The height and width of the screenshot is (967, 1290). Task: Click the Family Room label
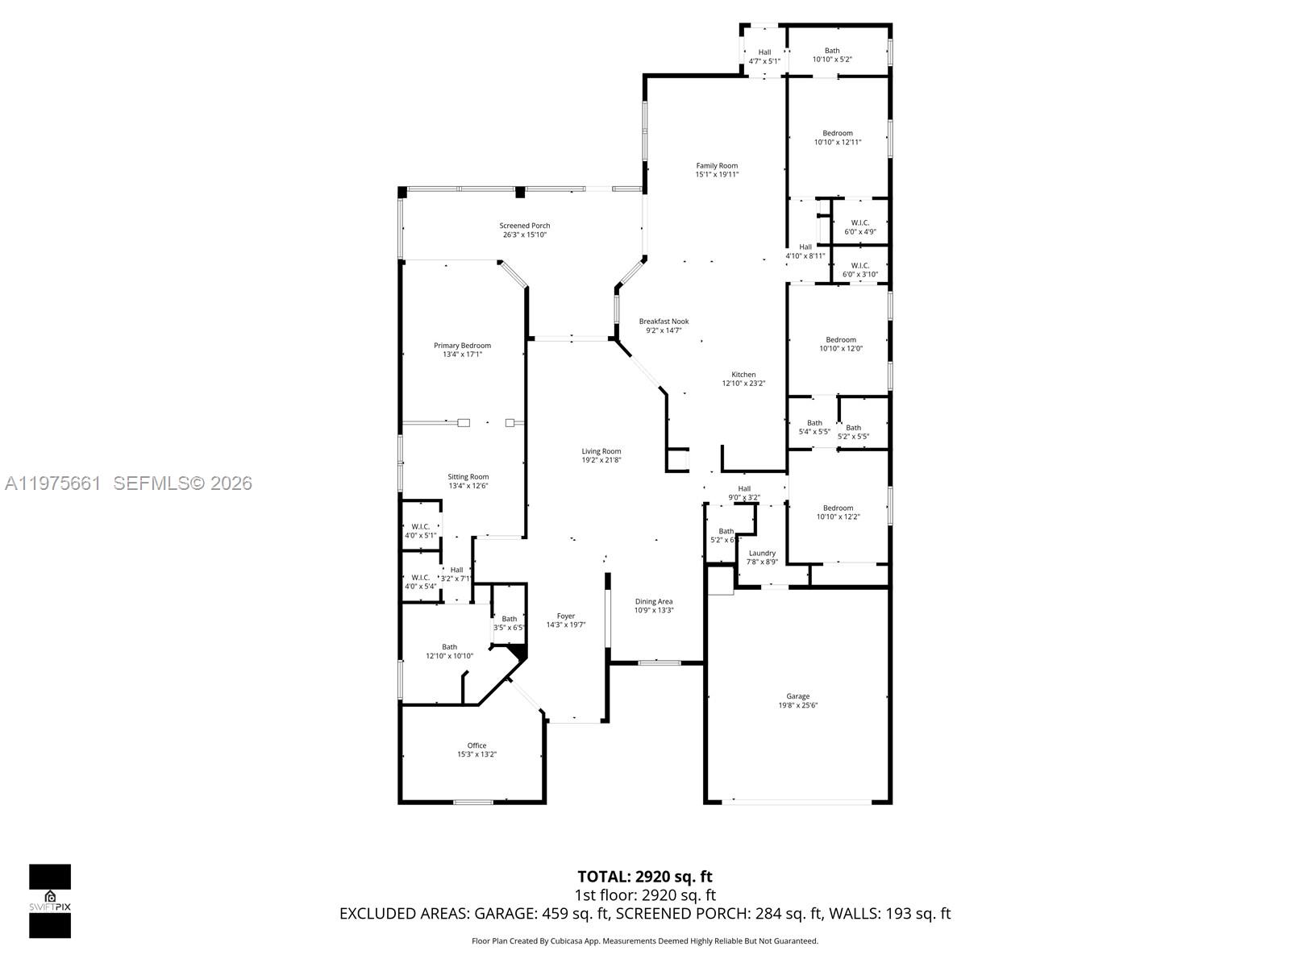pos(717,166)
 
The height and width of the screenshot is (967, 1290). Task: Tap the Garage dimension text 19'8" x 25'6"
pos(797,705)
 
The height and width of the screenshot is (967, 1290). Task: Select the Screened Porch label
pos(524,226)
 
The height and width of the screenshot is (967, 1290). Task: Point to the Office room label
pos(476,745)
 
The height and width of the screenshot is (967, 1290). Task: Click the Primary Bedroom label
pos(462,346)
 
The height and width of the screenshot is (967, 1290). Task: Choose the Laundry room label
pos(762,553)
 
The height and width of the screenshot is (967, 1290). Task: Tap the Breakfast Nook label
pos(664,322)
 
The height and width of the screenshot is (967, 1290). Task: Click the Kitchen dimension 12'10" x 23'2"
pos(743,384)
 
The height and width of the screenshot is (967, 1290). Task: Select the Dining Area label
pos(653,601)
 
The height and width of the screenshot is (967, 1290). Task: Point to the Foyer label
pos(566,616)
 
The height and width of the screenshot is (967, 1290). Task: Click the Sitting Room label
pos(468,477)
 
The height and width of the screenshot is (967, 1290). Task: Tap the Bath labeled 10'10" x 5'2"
pos(832,55)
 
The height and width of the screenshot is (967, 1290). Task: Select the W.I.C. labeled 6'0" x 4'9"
pos(859,227)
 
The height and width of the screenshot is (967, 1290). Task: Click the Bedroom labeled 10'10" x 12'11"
pos(838,138)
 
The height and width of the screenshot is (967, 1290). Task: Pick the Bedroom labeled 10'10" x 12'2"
pos(838,513)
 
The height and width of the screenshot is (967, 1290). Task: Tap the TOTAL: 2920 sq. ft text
pos(644,877)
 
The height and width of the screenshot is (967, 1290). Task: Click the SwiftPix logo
pos(50,901)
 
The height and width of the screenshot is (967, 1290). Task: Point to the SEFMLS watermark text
pos(182,483)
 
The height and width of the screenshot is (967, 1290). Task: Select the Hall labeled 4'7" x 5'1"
pos(764,56)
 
